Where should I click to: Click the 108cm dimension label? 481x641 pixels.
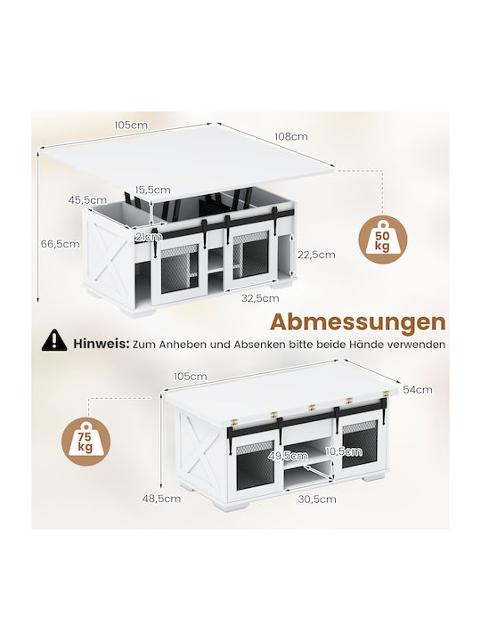point(290,136)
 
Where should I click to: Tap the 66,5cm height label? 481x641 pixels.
point(61,244)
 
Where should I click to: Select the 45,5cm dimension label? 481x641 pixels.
point(87,200)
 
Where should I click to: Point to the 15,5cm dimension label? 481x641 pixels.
point(153,190)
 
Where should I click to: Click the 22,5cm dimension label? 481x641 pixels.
point(316,255)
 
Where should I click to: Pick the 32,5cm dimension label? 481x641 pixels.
point(260,298)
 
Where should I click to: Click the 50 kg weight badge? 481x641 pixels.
point(383,239)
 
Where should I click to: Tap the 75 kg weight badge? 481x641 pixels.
point(86,441)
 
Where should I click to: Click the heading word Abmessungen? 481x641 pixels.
point(358,322)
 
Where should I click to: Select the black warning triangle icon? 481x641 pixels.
point(54,340)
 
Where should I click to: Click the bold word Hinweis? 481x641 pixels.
point(101,344)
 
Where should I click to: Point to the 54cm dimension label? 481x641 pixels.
point(418,390)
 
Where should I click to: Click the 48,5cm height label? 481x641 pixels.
point(161,499)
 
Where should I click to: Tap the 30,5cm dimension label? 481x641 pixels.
point(317,499)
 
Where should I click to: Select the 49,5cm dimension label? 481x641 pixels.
point(288,455)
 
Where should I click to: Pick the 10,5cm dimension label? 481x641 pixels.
point(344,451)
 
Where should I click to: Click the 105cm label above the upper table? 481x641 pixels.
point(131,125)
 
